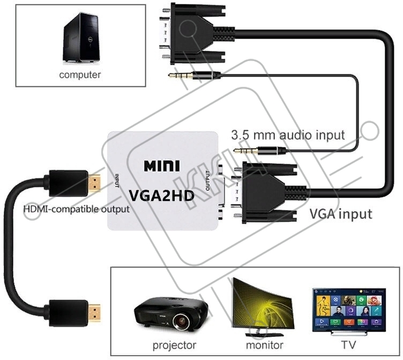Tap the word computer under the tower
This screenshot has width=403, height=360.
click(x=80, y=74)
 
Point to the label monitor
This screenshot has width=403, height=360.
click(x=264, y=345)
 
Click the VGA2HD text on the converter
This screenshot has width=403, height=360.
click(x=161, y=194)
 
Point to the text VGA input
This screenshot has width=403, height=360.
click(x=341, y=214)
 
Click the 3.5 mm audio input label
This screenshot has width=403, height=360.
click(x=288, y=135)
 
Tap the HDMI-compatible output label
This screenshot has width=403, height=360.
click(x=76, y=209)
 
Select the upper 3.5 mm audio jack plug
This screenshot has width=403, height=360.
click(x=193, y=76)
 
